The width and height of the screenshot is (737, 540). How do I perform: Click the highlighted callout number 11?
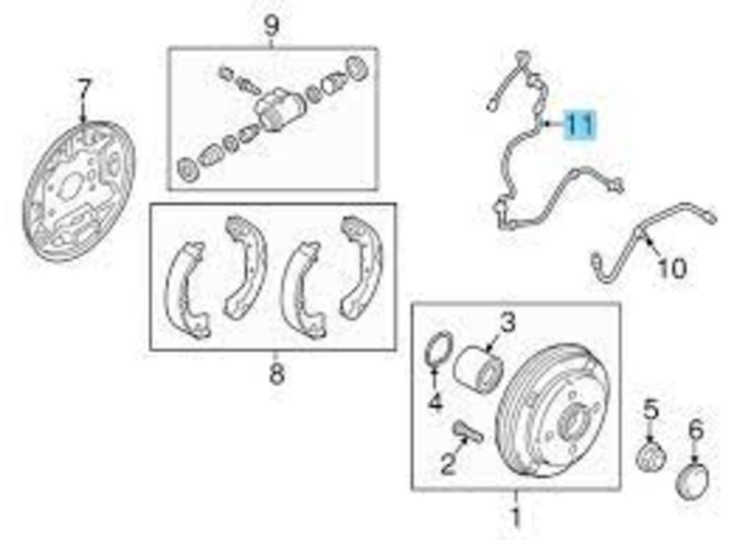click(580, 125)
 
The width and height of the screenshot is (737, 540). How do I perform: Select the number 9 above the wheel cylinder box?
click(272, 26)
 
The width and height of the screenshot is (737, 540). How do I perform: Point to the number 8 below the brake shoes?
click(275, 374)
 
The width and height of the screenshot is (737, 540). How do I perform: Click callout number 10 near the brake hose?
click(671, 268)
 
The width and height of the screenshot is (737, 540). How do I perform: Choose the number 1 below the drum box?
click(515, 517)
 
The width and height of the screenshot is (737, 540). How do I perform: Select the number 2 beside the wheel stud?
click(448, 463)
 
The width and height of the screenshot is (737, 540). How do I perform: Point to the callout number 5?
click(651, 411)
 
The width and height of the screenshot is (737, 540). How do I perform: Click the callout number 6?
click(695, 430)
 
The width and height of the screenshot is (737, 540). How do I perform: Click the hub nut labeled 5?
click(650, 457)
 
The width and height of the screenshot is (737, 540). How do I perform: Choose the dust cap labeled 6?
click(693, 480)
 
